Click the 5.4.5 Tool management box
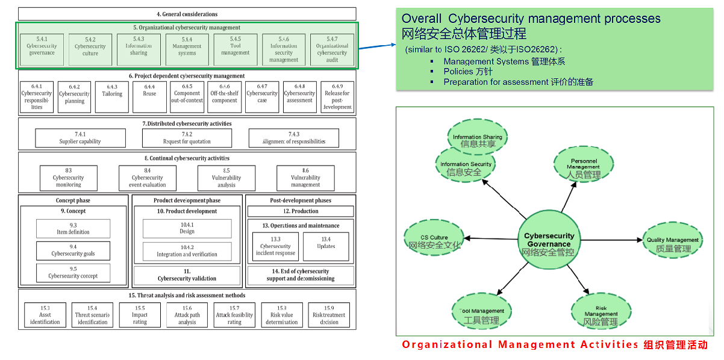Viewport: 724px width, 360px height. [235, 49]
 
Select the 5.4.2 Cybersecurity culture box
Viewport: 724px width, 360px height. [90, 49]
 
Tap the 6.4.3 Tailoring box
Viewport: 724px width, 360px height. [112, 97]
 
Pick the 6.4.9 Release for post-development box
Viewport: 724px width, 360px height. [337, 97]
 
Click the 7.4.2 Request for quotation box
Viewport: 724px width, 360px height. [187, 138]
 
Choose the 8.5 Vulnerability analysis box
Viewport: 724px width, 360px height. [226, 178]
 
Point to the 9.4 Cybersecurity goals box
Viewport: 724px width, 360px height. [73, 250]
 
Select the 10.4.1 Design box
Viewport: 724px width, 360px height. [187, 228]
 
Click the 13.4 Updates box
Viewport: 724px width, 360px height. [326, 246]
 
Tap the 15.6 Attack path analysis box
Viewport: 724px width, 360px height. [187, 315]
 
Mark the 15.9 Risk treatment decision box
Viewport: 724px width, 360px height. [329, 315]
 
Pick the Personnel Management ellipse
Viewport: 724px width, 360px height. [583, 167]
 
